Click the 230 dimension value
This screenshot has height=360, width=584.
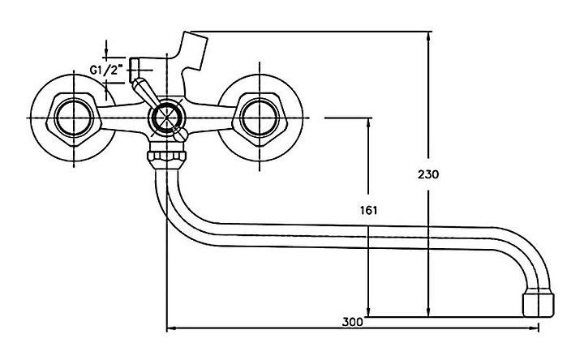[x=428, y=174]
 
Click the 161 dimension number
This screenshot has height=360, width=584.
[x=368, y=210]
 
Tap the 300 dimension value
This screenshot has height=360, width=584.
[x=352, y=322]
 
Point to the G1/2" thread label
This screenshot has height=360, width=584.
[x=106, y=70]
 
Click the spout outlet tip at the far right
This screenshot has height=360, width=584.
[x=539, y=305]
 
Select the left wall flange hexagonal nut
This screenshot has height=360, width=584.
[x=74, y=118]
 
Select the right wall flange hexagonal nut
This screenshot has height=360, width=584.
[x=260, y=118]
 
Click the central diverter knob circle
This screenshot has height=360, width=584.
[x=166, y=118]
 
